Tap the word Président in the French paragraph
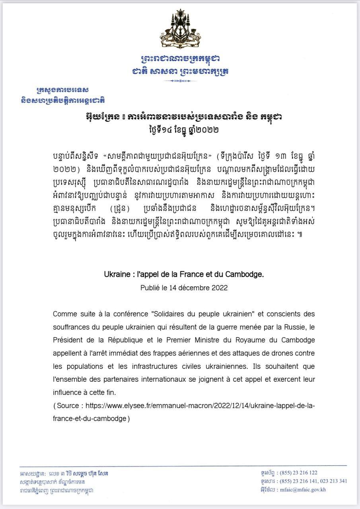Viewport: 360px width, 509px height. point(68,340)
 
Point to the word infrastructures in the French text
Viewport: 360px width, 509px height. point(148,366)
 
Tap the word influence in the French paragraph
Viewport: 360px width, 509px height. point(68,392)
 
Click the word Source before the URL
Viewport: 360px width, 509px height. point(68,406)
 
